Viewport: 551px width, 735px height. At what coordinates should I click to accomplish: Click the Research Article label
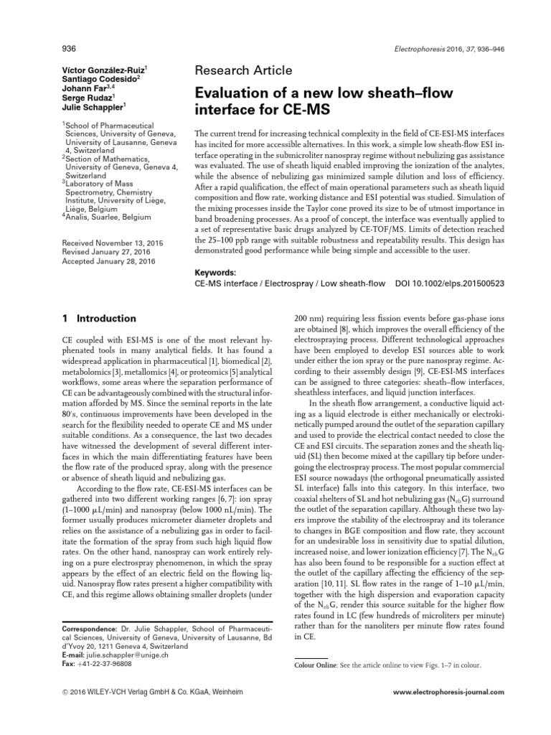coord(243,70)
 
